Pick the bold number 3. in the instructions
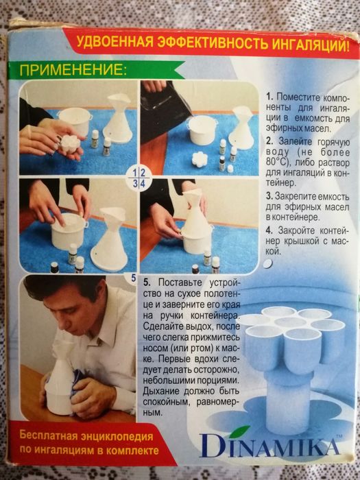click(268, 195)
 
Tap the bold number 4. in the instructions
click(268, 228)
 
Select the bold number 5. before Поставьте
click(147, 283)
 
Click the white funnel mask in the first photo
click(120, 120)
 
